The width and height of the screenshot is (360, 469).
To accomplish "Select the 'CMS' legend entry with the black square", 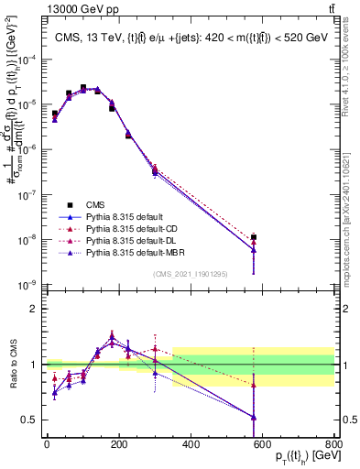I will point(96,204).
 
